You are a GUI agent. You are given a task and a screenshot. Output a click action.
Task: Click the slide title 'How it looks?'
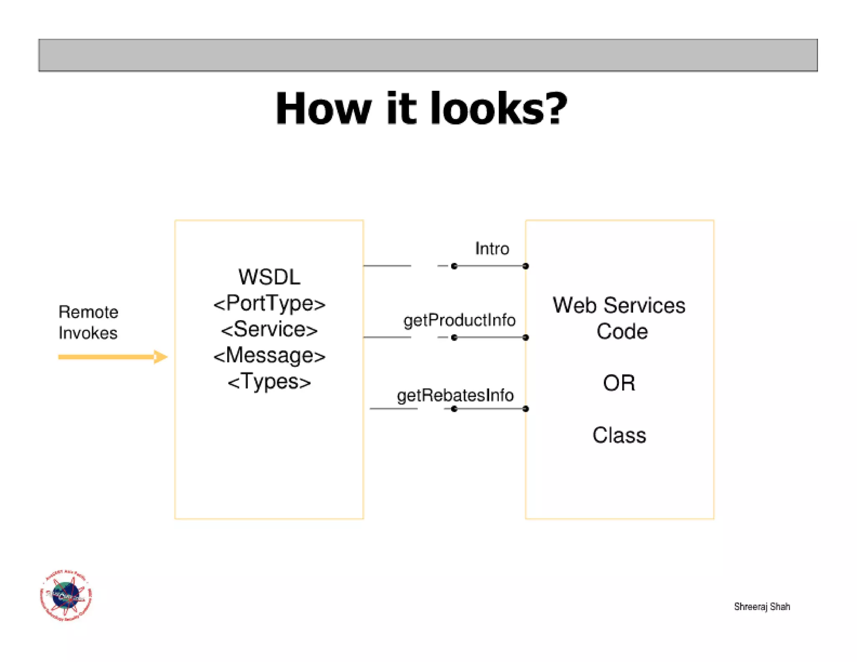[421, 109]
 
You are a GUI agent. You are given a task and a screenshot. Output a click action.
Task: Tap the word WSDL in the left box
[269, 277]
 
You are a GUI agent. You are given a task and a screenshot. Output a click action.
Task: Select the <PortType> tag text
[269, 303]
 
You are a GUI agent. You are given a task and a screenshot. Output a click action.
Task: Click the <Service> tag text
[269, 329]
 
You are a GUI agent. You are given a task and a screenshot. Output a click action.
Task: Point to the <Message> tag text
[269, 356]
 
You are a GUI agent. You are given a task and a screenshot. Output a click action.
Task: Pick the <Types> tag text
[269, 382]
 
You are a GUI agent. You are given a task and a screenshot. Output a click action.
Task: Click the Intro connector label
[492, 249]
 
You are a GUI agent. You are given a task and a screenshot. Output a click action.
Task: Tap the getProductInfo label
[459, 320]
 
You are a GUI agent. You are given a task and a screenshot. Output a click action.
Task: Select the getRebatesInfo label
[455, 395]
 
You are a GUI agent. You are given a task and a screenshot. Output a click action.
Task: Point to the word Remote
[88, 312]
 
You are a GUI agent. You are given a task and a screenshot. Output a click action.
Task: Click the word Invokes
[88, 333]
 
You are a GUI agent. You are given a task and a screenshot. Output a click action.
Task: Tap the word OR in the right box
[619, 383]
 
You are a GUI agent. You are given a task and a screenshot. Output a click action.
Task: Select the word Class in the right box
[619, 435]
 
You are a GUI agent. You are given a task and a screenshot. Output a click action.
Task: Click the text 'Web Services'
[619, 305]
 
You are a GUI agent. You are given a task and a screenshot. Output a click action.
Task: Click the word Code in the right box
[622, 331]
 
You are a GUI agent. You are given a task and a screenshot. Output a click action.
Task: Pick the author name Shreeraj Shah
[762, 606]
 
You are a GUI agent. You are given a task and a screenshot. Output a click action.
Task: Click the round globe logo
[66, 595]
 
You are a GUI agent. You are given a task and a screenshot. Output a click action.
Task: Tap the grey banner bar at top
[428, 55]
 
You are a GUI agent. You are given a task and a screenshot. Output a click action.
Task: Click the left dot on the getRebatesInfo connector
[454, 409]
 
